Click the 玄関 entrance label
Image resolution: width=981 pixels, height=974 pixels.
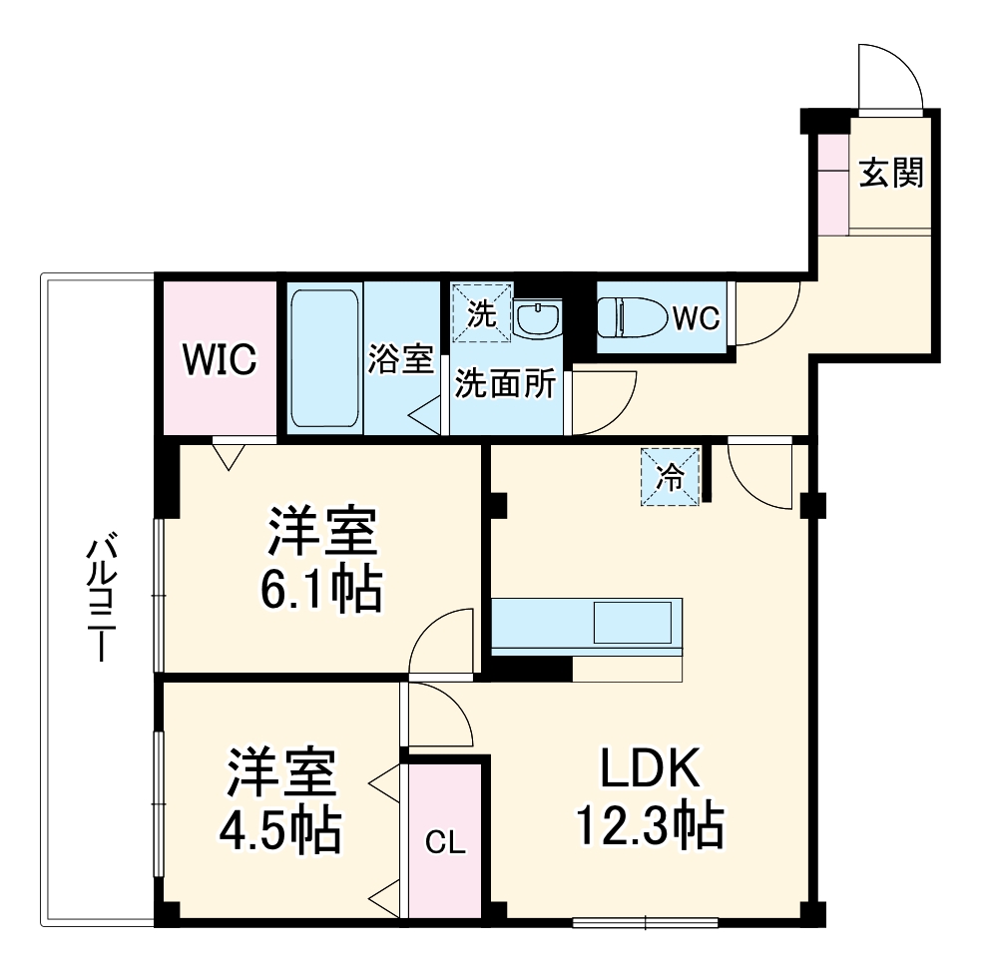[891, 174]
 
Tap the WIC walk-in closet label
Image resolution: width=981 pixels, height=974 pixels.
[219, 359]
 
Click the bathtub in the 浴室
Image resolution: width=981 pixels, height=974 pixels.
[324, 358]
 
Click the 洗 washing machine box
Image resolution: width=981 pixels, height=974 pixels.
[481, 313]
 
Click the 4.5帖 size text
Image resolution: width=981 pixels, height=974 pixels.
[281, 828]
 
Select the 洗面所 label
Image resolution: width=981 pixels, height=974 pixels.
[505, 385]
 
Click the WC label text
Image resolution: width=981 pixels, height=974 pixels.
[696, 318]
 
